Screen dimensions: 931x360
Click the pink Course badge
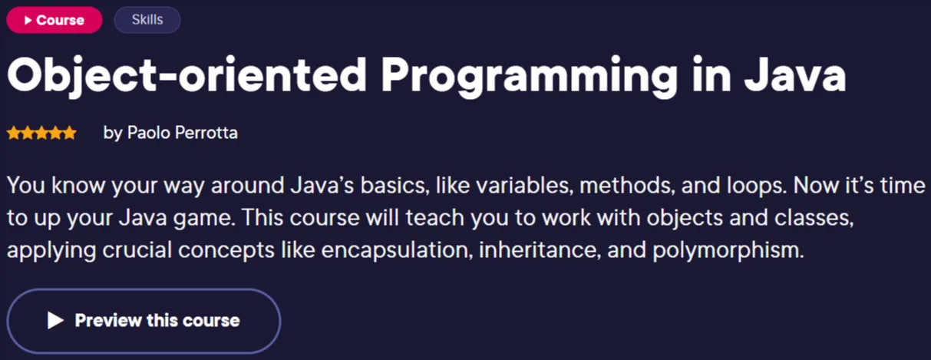click(x=54, y=20)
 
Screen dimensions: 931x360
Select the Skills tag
click(x=147, y=20)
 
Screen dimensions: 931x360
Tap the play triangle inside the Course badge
click(x=28, y=20)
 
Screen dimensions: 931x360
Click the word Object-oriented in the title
click(x=187, y=74)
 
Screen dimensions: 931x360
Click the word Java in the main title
click(x=795, y=74)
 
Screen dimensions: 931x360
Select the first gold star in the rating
click(x=14, y=133)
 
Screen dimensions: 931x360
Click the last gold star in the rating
click(x=69, y=133)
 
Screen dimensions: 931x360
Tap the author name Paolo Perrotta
click(x=183, y=133)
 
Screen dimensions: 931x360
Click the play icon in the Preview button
click(x=55, y=321)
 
